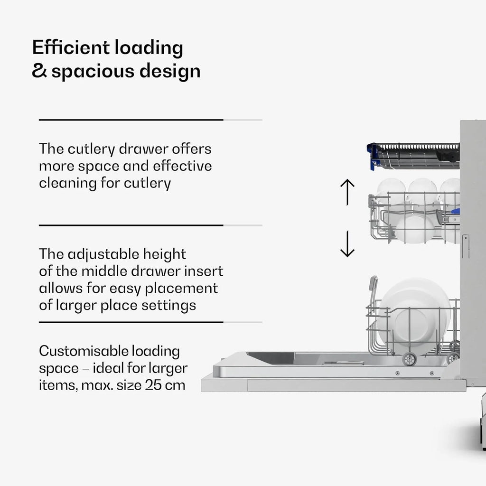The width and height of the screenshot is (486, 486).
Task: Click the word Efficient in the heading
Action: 71,47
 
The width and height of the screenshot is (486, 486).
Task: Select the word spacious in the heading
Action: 93,72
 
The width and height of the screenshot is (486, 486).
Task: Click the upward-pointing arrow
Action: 347,192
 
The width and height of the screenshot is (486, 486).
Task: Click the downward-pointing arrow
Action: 347,244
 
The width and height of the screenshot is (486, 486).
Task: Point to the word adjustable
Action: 103,255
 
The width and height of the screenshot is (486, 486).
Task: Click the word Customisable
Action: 84,352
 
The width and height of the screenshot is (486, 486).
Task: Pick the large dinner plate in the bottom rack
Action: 414,313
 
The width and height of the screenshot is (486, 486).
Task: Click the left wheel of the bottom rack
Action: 409,359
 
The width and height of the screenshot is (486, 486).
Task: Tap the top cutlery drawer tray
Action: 413,156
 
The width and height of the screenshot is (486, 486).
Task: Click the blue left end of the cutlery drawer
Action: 373,157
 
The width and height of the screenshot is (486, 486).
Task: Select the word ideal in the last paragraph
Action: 109,368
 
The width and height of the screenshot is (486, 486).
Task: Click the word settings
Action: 168,306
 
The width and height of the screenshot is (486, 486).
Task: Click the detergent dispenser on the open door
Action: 343,362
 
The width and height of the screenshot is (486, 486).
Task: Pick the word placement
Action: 181,289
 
